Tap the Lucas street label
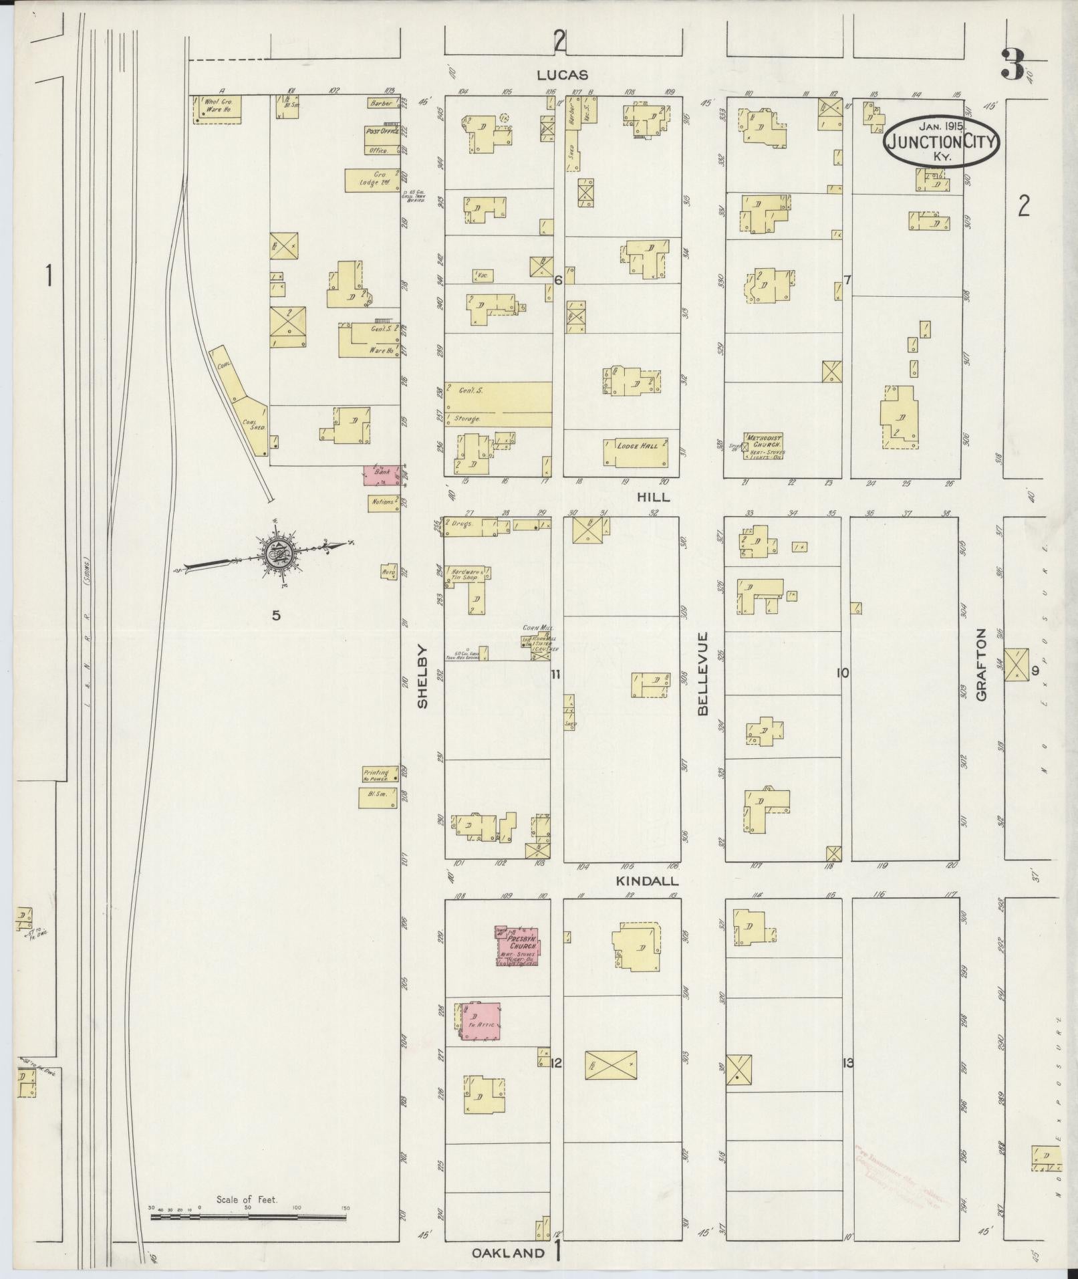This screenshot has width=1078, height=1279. [563, 76]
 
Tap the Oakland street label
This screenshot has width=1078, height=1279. [508, 1253]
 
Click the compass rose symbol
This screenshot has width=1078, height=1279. [275, 554]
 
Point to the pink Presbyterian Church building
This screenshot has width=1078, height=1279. [519, 946]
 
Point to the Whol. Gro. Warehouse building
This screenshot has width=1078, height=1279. [217, 109]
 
